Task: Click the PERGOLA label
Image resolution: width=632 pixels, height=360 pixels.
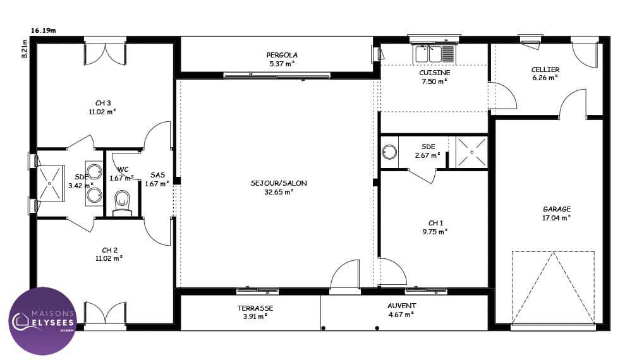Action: coord(282,55)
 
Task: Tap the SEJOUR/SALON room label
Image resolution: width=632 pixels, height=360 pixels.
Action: coord(279,183)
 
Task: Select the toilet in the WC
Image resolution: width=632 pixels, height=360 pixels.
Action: coord(122,203)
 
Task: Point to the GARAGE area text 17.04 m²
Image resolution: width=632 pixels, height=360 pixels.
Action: coord(556,218)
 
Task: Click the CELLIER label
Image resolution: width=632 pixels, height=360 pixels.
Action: coord(545,69)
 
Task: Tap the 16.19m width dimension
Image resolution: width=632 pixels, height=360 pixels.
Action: coord(43,30)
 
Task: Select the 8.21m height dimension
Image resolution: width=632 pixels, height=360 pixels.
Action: coord(25,49)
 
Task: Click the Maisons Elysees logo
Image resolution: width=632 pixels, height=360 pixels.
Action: coord(43,321)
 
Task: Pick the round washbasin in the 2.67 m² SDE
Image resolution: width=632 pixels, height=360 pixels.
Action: coord(389,152)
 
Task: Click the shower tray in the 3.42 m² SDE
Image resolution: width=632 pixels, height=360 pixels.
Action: coord(51,183)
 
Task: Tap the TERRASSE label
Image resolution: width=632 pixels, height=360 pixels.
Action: coord(255,308)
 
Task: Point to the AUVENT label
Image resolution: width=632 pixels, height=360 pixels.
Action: coord(401,306)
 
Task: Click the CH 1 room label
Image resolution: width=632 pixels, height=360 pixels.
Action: coord(435,223)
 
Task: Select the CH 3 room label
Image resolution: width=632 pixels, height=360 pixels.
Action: coord(103,104)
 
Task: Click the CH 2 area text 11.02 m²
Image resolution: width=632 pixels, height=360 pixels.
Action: coord(109,258)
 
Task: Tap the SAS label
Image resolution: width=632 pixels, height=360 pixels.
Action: coord(157,175)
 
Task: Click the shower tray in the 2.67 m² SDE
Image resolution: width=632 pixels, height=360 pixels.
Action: coord(471,152)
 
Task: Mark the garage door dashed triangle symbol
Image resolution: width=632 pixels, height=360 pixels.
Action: coord(553,287)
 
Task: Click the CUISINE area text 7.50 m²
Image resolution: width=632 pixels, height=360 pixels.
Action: coord(435,81)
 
